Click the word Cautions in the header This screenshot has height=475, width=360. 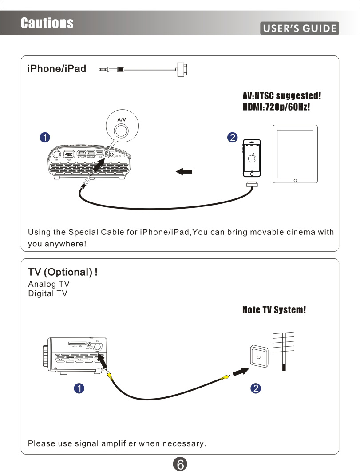47,23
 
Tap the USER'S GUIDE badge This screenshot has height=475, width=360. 300,29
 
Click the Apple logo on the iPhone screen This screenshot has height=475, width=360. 252,158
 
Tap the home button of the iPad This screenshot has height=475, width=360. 295,180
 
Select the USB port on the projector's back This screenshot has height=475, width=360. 100,153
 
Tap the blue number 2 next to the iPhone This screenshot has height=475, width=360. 232,137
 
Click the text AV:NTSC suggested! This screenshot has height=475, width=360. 281,96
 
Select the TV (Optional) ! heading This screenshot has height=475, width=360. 63,272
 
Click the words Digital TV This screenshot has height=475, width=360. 47,293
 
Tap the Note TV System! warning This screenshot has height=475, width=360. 274,310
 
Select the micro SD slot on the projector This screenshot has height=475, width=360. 77,343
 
